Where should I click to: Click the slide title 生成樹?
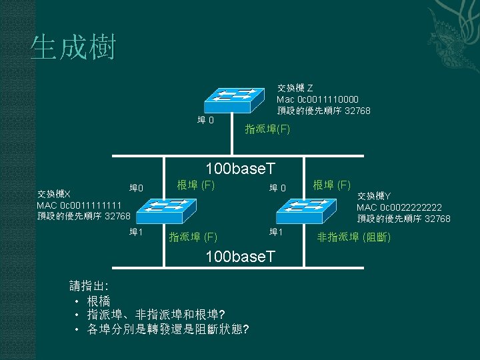tap(73, 48)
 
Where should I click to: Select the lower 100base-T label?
tap(241, 256)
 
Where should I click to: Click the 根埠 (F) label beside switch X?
tap(195, 184)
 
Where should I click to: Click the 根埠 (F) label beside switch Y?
tap(333, 184)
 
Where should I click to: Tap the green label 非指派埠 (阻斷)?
tap(353, 237)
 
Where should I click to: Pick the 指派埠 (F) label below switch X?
tap(193, 236)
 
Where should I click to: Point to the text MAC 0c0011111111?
tap(79, 205)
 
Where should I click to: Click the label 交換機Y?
tap(374, 196)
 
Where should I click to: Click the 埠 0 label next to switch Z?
tap(206, 121)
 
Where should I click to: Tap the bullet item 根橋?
tap(99, 301)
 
